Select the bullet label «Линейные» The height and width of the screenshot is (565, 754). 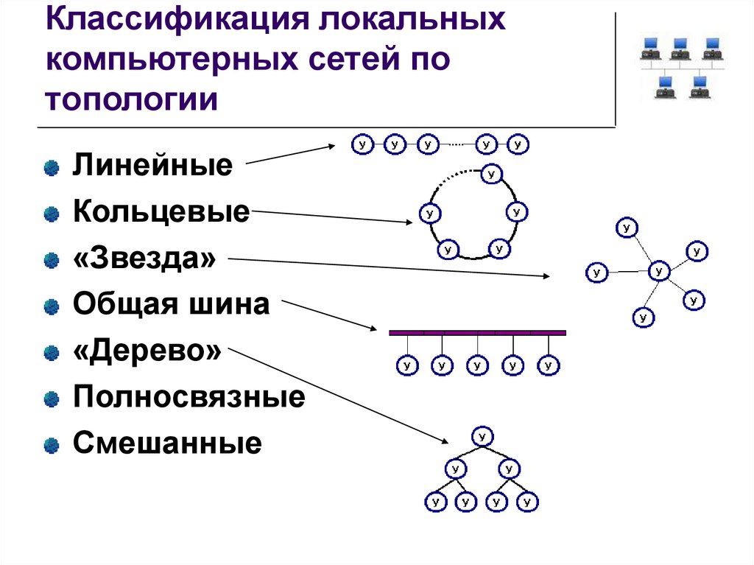click(x=152, y=165)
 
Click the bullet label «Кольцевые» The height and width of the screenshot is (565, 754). click(x=161, y=214)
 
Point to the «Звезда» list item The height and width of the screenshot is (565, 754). click(x=144, y=259)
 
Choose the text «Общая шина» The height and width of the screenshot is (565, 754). click(x=171, y=305)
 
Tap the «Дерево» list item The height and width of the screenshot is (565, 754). click(x=147, y=351)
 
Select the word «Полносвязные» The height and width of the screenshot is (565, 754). click(x=188, y=398)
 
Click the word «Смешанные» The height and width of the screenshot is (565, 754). click(x=167, y=444)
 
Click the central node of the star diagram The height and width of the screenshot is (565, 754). click(x=658, y=271)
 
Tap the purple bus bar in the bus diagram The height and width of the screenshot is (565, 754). click(x=477, y=333)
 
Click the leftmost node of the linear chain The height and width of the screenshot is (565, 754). click(x=362, y=144)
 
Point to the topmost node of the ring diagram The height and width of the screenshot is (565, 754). click(x=491, y=174)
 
